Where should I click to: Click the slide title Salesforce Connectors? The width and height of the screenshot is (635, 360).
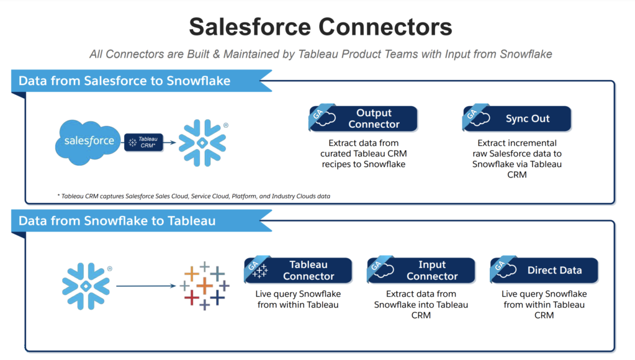pos(320,27)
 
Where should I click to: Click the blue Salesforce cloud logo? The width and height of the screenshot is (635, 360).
pos(89,141)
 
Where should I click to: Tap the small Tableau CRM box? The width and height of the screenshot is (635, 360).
pos(144,142)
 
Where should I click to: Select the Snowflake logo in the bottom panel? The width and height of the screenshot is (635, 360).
pos(86,286)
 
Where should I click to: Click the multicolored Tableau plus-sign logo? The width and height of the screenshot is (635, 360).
pos(204,286)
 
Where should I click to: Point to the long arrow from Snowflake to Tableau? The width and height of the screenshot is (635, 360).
pos(146,286)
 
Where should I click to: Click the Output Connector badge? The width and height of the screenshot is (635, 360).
pos(363,119)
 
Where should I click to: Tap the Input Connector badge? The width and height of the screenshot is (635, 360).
pos(421,271)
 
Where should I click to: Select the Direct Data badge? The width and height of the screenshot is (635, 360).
pos(544,271)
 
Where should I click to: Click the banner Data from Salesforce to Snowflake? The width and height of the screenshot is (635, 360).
pos(125,81)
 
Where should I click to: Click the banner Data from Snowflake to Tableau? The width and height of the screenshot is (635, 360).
pos(117,221)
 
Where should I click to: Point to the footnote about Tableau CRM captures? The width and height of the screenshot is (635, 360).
pos(193,196)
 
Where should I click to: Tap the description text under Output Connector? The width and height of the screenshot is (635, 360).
pos(363,154)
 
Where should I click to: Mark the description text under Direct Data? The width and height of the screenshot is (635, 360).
pos(544,304)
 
